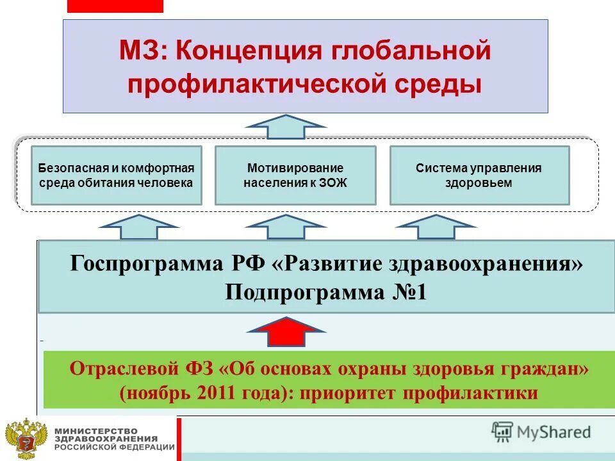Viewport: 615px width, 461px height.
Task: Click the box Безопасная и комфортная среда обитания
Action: pos(117,175)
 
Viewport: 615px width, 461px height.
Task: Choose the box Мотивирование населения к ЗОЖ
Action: pos(295,175)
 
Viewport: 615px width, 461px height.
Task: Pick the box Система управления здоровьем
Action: pos(479,175)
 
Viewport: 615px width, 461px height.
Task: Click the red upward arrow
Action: pos(288,332)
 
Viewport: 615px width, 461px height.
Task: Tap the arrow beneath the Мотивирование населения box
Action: pos(286,228)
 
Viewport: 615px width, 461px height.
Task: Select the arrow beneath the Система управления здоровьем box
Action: pos(436,228)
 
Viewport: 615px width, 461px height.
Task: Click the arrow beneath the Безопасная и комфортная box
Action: pos(140,228)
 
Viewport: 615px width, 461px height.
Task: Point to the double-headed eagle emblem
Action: pos(26,439)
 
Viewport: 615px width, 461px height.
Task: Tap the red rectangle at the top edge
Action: pos(115,6)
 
